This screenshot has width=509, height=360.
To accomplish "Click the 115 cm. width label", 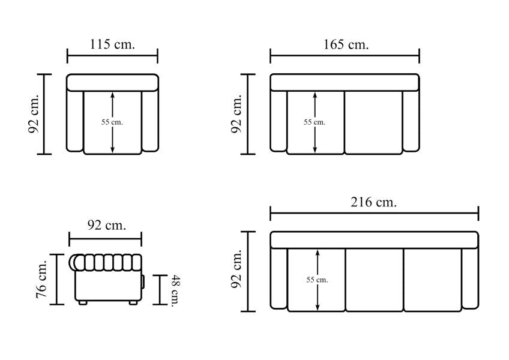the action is pos(112,44).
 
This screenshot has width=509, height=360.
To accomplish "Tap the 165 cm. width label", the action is pos(346,44).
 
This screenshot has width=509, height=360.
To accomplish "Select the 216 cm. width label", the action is pos(373,202).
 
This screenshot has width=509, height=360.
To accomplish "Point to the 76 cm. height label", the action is pos(42,279).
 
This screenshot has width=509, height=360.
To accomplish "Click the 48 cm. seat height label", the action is pos(176,290).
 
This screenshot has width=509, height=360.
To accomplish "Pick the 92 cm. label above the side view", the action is pos(106,225).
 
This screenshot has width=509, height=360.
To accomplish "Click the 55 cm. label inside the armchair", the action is pos(112,122).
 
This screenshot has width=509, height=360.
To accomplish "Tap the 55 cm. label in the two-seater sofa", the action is pos(315,122).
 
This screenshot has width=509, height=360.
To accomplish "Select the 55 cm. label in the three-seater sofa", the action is pos(317,280).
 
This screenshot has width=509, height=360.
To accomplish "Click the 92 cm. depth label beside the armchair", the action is pos(34,114).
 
